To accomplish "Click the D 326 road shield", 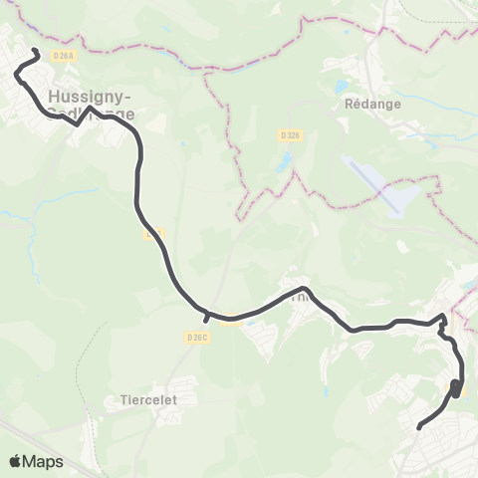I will pyautogui.click(x=289, y=132).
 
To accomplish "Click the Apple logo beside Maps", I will pyautogui.click(x=16, y=461).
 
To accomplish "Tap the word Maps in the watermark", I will pyautogui.click(x=44, y=461).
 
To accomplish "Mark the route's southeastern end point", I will pyautogui.click(x=418, y=427).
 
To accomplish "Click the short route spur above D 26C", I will pyautogui.click(x=206, y=318).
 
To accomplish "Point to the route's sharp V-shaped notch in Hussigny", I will pyautogui.click(x=78, y=124).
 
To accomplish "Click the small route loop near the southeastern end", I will pyautogui.click(x=456, y=388).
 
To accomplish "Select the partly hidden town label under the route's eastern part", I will pyautogui.click(x=299, y=296).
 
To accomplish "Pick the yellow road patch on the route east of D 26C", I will pyautogui.click(x=233, y=320).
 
